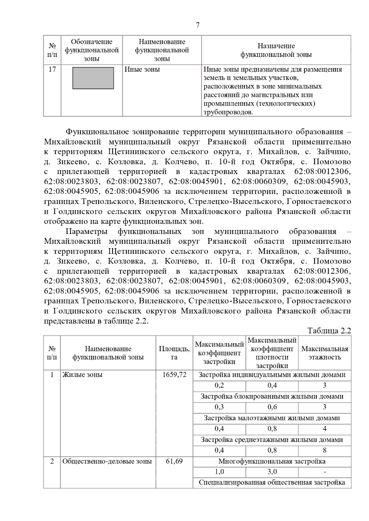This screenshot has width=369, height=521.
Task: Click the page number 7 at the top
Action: pyautogui.click(x=198, y=25)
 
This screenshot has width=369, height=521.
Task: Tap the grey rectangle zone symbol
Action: pyautogui.click(x=93, y=78)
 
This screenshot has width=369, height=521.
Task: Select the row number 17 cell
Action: pyautogui.click(x=52, y=69)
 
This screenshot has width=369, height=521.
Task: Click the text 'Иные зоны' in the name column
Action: pyautogui.click(x=142, y=69)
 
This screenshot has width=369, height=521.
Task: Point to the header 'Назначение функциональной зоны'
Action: pyautogui.click(x=276, y=50)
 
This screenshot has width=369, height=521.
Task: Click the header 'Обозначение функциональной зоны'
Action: pyautogui.click(x=92, y=50)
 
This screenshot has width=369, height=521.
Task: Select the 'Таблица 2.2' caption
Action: pyautogui.click(x=329, y=331)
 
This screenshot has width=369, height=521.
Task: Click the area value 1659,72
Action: pyautogui.click(x=174, y=375)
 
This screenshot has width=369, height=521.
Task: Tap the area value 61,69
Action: pyautogui.click(x=174, y=461)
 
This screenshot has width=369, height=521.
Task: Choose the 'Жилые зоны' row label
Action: pyautogui.click(x=82, y=375)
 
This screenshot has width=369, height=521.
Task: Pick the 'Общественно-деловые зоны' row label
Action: pyautogui.click(x=107, y=461)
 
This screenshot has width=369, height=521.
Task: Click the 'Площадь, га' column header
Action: pyautogui.click(x=174, y=353)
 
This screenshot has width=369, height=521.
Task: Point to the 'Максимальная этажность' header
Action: pyautogui.click(x=325, y=353)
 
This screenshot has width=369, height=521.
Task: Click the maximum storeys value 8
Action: pyautogui.click(x=325, y=450)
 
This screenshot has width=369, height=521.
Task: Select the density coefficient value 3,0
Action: pyautogui.click(x=272, y=472)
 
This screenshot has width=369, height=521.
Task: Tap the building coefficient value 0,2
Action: pyautogui.click(x=219, y=385)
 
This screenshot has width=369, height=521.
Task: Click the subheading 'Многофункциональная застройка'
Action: pyautogui.click(x=272, y=461)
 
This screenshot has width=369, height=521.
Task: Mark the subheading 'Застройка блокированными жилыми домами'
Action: pyautogui.click(x=272, y=396)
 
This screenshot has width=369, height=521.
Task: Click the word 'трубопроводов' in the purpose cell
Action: pyautogui.click(x=228, y=112)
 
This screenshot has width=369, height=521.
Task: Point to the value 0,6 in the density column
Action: pyautogui.click(x=272, y=407)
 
